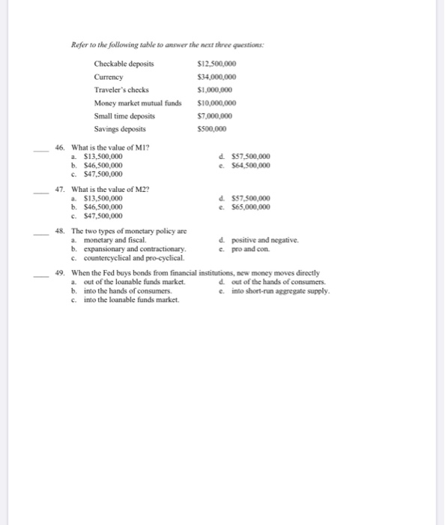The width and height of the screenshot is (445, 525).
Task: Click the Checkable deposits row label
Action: (124, 64)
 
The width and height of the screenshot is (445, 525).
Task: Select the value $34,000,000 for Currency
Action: (216, 76)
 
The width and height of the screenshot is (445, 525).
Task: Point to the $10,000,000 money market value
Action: (216, 103)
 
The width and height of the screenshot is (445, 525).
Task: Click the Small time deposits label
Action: (124, 115)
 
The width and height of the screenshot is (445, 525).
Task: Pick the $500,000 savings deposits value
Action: (211, 129)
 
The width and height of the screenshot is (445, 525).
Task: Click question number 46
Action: (61, 148)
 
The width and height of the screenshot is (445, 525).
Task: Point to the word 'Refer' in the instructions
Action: (80, 46)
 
